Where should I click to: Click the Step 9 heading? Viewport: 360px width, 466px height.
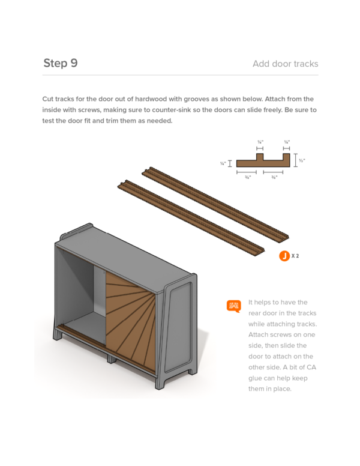[x=61, y=63]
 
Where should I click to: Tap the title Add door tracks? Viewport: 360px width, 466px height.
[x=286, y=64]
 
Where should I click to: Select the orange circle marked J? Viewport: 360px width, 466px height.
[x=284, y=256]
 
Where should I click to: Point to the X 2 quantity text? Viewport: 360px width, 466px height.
[x=295, y=256]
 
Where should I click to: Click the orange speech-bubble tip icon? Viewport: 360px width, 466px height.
[x=234, y=306]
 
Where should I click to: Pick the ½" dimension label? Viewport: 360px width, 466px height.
[x=302, y=160]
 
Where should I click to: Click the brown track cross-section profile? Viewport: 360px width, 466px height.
[x=263, y=160]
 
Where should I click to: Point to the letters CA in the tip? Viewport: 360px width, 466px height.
[x=311, y=368]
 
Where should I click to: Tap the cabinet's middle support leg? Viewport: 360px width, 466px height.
[x=112, y=359]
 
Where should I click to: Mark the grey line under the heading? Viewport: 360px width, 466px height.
[x=180, y=75]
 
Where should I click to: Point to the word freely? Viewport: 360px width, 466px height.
[x=272, y=110]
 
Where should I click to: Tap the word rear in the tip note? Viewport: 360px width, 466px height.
[x=255, y=313]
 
